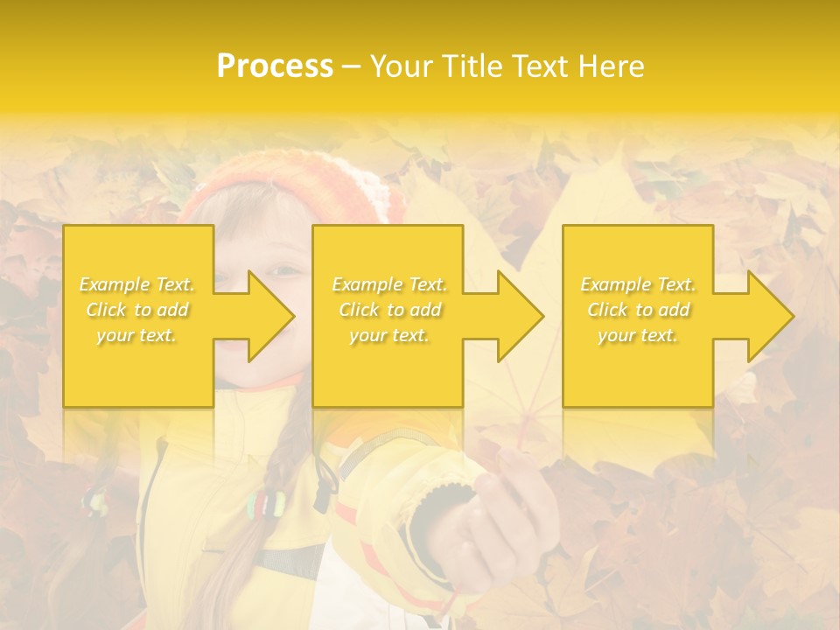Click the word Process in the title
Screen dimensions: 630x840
[x=275, y=66]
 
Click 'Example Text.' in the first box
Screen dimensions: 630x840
[x=137, y=284]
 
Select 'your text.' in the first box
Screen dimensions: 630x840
[x=137, y=335]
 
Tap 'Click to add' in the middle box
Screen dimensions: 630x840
[x=389, y=310]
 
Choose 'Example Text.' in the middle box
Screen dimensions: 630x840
[x=389, y=284]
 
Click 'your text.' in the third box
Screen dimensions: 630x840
[x=638, y=335]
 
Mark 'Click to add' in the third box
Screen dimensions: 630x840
[x=638, y=310]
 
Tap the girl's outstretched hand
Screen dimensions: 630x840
[x=516, y=516]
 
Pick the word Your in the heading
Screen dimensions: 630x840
[x=401, y=66]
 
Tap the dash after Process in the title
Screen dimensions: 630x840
[x=351, y=66]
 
